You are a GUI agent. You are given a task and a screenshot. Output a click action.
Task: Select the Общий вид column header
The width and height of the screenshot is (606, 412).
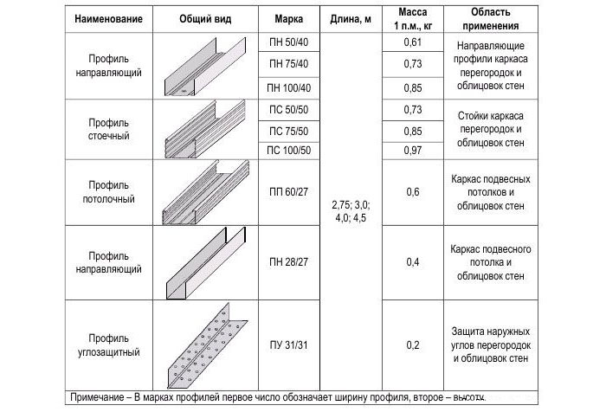(204, 19)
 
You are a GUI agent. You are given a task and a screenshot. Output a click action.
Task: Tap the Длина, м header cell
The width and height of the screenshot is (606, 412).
(350, 19)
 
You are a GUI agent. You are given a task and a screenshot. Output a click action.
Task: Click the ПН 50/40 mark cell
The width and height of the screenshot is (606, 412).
(289, 42)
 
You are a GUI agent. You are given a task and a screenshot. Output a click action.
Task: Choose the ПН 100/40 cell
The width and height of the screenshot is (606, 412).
(289, 87)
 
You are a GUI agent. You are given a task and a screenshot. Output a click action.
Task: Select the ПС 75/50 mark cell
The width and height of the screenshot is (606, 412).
(289, 131)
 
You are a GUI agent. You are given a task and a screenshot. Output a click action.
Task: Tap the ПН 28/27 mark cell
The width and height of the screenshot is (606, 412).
(289, 261)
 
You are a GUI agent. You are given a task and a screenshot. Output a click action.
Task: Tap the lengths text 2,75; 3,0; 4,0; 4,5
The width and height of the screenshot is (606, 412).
(350, 212)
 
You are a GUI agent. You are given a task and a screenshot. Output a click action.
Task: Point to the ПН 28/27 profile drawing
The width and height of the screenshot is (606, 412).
(204, 262)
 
